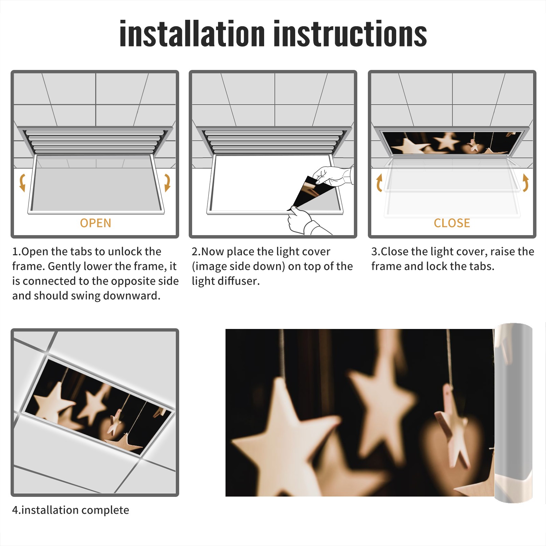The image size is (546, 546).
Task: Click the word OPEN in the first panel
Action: (x=96, y=223)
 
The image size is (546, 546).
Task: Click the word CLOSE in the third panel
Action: (x=452, y=223)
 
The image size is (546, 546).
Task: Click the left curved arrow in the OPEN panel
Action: (x=22, y=183)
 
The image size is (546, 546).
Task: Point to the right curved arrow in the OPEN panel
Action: (x=167, y=183)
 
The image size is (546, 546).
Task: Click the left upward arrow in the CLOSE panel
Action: (x=379, y=183)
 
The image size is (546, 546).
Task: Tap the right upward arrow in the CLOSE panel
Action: (x=526, y=183)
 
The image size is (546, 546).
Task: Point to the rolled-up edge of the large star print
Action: (x=514, y=413)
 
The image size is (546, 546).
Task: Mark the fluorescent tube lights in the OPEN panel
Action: (x=94, y=142)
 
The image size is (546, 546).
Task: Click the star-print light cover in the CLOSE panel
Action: (x=452, y=143)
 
